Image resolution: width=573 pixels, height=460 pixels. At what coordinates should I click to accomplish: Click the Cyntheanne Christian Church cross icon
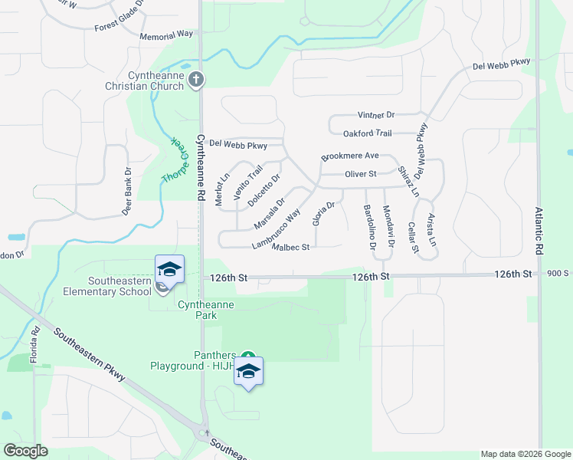tap(196, 78)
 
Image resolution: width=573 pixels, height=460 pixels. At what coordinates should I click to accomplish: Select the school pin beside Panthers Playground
tap(248, 373)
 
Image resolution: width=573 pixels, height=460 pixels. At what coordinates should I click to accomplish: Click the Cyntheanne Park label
tap(205, 310)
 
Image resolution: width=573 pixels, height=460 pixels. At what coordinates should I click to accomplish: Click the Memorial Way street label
tap(166, 35)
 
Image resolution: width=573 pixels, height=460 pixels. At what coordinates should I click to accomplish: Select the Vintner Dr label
tap(376, 115)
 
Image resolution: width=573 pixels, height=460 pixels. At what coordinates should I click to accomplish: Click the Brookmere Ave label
tap(350, 156)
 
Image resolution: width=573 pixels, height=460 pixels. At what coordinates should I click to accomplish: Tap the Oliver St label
tap(360, 174)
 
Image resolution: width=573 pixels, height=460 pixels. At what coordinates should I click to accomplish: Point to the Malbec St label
tap(290, 247)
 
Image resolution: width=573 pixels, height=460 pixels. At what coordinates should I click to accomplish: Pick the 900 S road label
tap(558, 274)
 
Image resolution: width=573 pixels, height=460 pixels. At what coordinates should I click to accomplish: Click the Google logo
tap(25, 451)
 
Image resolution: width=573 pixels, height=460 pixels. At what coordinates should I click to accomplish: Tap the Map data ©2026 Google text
tap(525, 454)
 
